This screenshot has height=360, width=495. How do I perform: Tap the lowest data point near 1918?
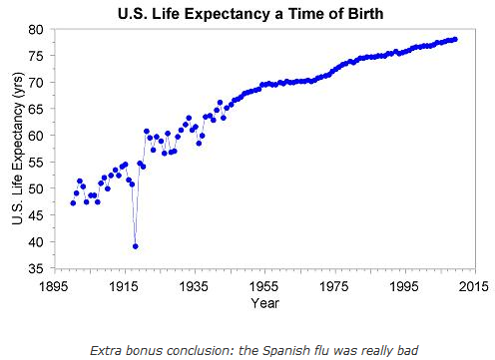click(x=136, y=246)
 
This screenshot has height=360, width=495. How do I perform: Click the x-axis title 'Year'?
click(x=264, y=301)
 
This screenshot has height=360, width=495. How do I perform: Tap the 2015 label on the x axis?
click(x=474, y=285)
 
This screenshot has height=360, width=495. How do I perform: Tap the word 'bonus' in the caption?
click(x=147, y=350)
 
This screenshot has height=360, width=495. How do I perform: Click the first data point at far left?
click(x=73, y=202)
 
